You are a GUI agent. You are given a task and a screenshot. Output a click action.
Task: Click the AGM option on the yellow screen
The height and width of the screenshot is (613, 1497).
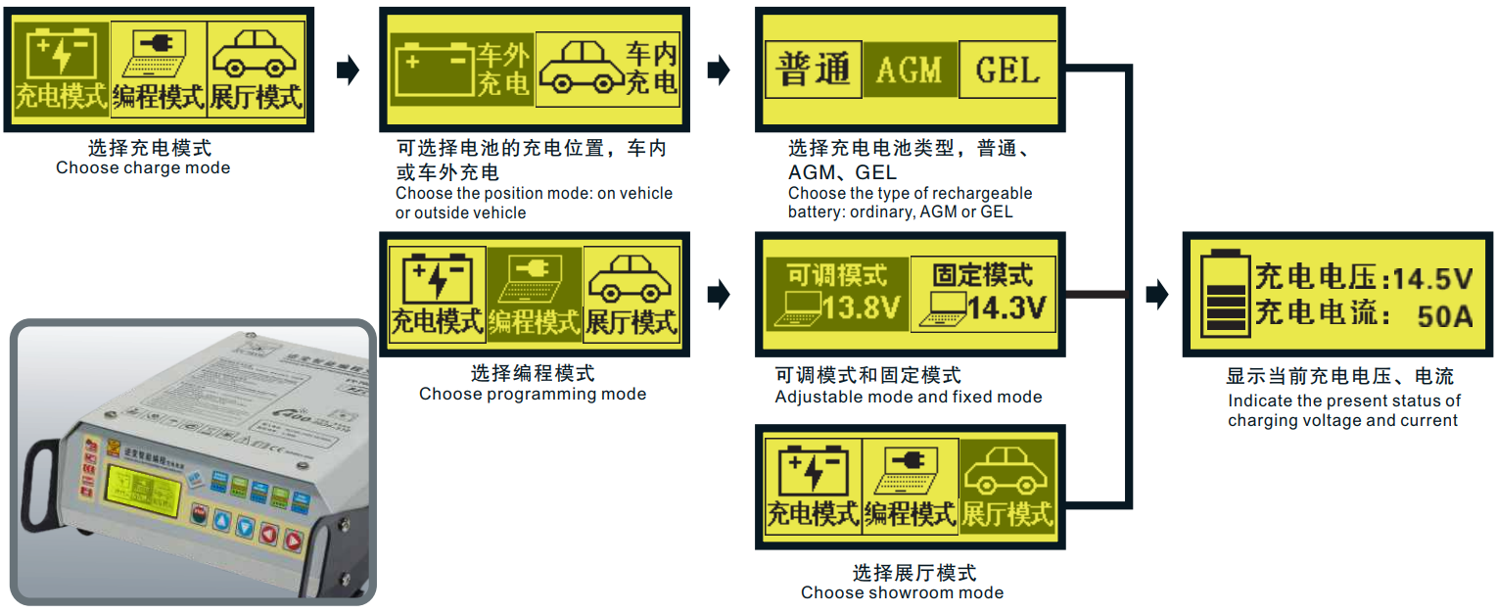909,71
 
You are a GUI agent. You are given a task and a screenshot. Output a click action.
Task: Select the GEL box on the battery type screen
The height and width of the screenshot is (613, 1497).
1008,71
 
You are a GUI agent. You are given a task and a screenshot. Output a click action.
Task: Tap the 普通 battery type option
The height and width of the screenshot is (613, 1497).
812,71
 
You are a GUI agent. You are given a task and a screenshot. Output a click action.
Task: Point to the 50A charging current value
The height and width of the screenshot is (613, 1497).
1444,315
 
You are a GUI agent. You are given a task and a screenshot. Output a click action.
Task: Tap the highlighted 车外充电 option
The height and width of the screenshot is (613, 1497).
461,71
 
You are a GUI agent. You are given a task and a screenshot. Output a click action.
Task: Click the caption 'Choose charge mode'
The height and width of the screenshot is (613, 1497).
143,167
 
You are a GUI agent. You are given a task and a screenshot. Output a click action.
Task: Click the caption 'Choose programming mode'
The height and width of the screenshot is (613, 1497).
533,394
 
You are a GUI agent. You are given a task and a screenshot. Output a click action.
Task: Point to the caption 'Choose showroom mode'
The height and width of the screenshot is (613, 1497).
902,592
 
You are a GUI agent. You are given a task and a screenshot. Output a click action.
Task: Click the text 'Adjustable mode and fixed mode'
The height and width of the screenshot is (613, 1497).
908,397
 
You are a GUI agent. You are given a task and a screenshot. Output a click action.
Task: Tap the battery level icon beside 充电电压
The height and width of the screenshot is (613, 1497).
1226,295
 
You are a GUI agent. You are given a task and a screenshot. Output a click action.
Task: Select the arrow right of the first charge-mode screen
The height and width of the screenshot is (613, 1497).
347,71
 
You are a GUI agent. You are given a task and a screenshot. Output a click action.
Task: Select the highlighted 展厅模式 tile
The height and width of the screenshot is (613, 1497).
1007,487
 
